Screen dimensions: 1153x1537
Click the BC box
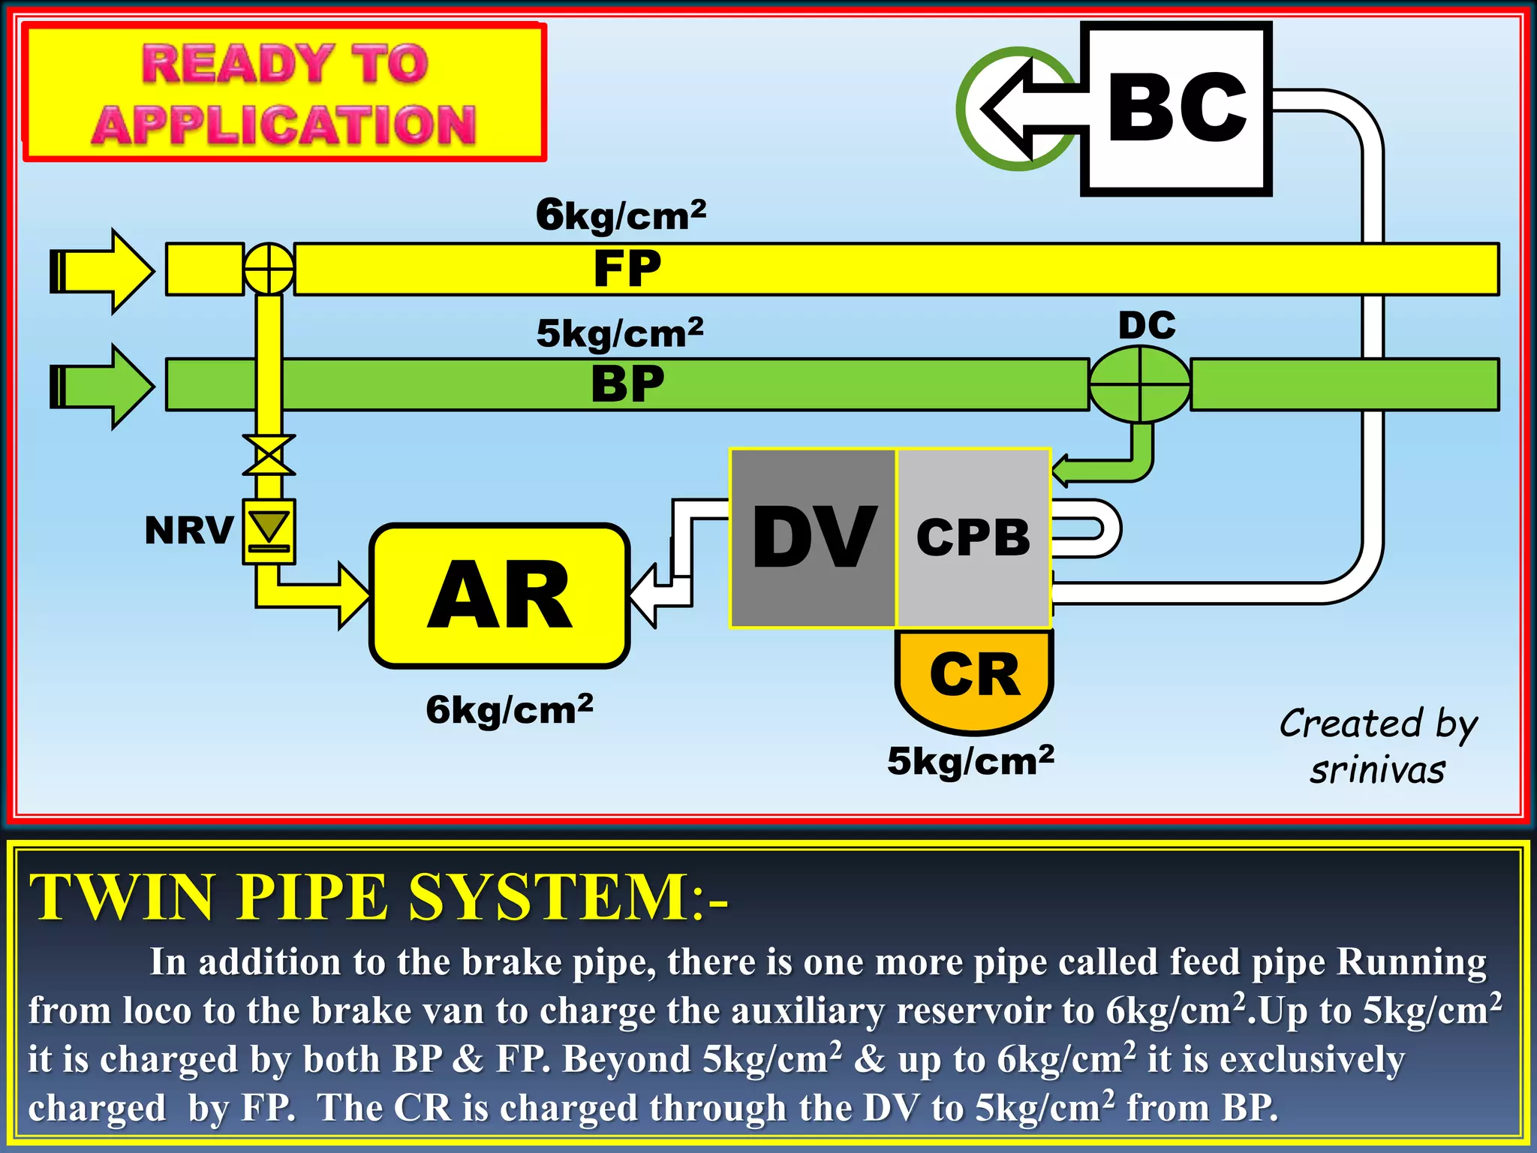[1176, 109]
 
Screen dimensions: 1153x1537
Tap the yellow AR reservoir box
[499, 595]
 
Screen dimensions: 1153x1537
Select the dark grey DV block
[813, 538]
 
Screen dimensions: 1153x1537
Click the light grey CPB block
[973, 538]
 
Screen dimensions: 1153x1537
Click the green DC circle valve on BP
[1139, 384]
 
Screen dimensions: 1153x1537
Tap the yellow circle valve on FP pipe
[269, 268]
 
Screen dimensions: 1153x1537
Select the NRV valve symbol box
[269, 531]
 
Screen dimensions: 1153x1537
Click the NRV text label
[188, 531]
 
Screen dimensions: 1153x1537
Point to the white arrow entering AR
[660, 593]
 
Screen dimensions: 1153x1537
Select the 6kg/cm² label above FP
[621, 215]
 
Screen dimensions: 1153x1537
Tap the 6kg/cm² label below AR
[509, 709]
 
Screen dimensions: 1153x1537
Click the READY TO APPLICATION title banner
[284, 92]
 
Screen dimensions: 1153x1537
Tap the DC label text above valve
[1146, 326]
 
